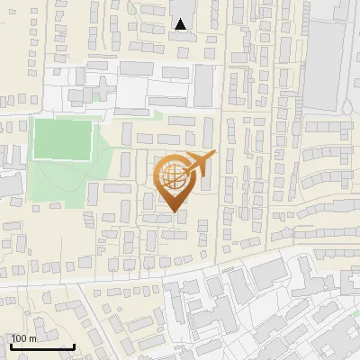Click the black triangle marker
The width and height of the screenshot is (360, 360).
(x=181, y=24)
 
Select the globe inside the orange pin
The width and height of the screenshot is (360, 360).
(x=172, y=177)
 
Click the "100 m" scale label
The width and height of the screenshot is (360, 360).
(x=23, y=339)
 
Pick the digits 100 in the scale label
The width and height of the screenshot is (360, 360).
(x=19, y=339)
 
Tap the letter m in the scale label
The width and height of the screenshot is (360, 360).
(x=31, y=339)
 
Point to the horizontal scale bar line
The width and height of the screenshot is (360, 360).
(x=41, y=347)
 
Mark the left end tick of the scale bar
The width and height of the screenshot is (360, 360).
(x=10, y=345)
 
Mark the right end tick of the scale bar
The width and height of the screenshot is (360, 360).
(x=74, y=345)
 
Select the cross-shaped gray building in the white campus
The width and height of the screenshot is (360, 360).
(x=102, y=86)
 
